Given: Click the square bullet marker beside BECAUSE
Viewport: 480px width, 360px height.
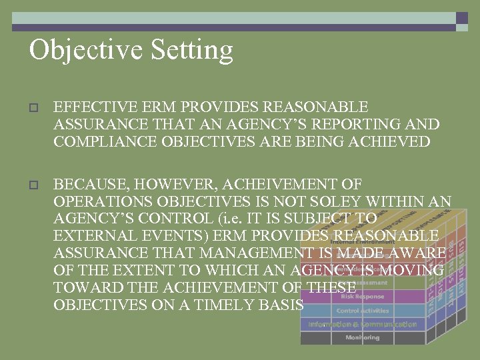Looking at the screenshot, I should (34, 185).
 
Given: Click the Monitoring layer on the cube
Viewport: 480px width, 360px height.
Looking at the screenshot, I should (362, 338).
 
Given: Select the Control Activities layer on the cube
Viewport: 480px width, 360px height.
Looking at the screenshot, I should (362, 311).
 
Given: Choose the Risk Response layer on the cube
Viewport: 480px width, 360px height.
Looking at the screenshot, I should (362, 297).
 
